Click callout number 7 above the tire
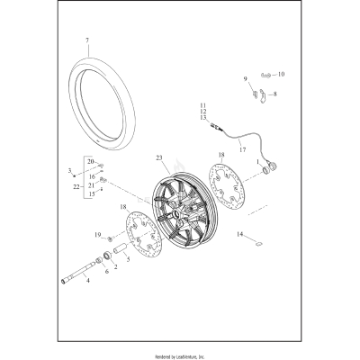pyautogui.click(x=87, y=41)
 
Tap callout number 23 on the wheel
pyautogui.click(x=160, y=158)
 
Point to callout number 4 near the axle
pyautogui.click(x=87, y=281)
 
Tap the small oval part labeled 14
pyautogui.click(x=256, y=243)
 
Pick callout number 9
pyautogui.click(x=245, y=79)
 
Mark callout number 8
pyautogui.click(x=275, y=92)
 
